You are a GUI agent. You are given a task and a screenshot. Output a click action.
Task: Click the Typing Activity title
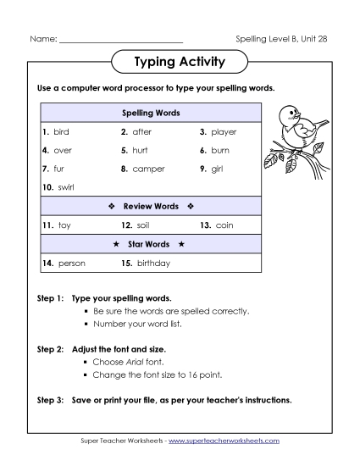(180, 62)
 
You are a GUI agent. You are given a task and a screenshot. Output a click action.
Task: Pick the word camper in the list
(148, 169)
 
